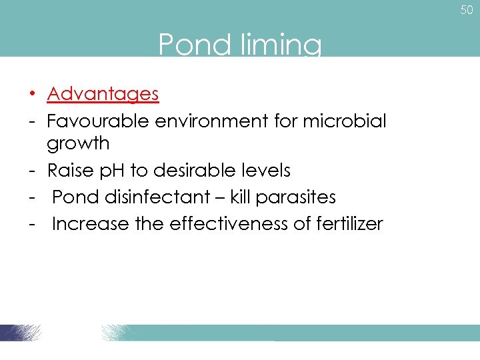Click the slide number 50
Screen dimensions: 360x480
(466, 10)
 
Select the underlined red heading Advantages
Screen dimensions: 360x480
(103, 94)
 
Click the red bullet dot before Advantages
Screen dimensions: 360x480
(31, 94)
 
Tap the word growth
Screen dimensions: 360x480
(78, 143)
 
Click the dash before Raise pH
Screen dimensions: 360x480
(31, 171)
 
